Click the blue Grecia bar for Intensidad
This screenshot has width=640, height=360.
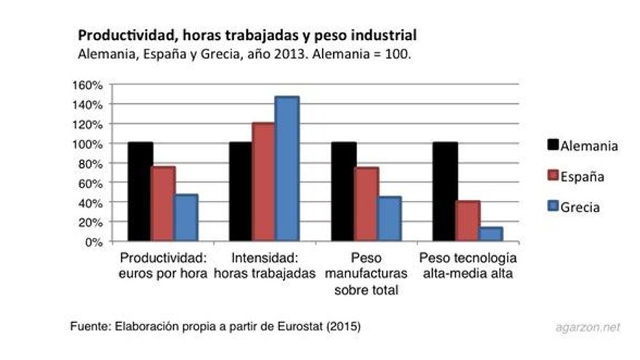point(286,169)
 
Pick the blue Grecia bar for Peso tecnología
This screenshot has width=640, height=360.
point(491,234)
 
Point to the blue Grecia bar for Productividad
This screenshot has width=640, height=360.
point(185,218)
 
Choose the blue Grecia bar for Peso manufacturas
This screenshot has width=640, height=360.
point(389,219)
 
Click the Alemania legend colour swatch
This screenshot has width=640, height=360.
point(551,145)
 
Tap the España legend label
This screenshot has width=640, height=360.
point(583,177)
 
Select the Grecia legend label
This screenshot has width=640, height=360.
point(580,207)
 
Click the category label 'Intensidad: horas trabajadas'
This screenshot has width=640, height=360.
point(263,265)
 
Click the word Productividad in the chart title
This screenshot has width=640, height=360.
point(122,35)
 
